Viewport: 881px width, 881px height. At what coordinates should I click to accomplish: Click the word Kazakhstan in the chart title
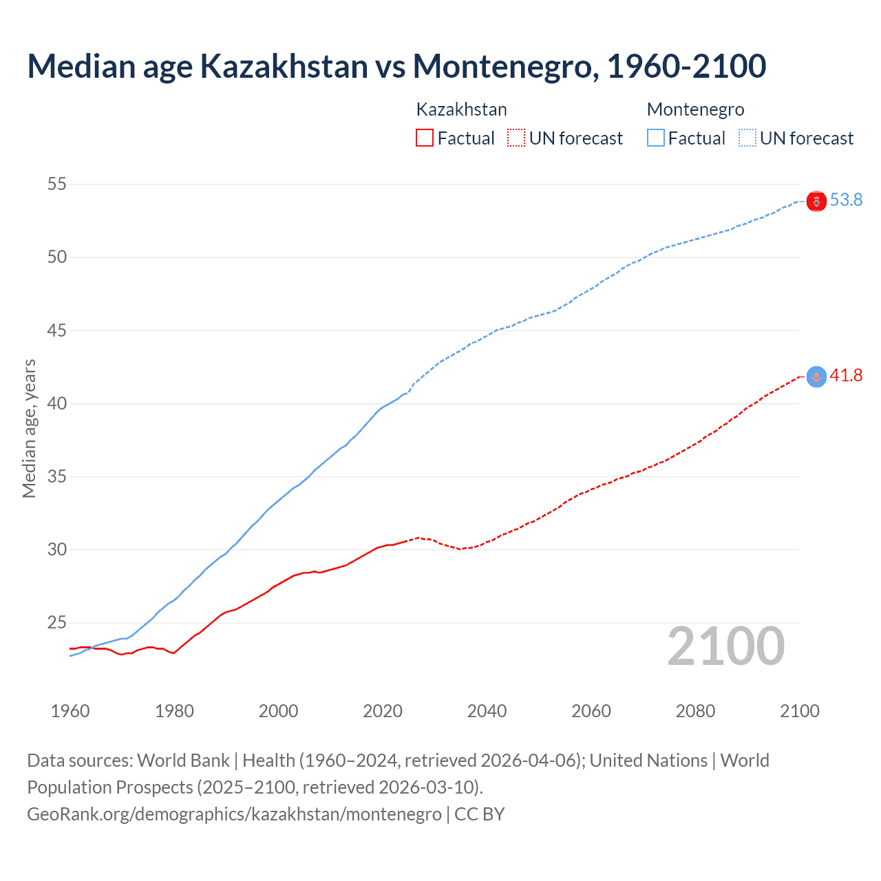pyautogui.click(x=284, y=66)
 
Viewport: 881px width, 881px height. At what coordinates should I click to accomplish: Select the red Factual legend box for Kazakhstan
pyautogui.click(x=425, y=138)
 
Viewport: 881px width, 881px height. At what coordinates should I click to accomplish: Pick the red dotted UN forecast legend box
pyautogui.click(x=516, y=138)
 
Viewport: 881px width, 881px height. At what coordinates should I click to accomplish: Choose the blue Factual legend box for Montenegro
pyautogui.click(x=656, y=138)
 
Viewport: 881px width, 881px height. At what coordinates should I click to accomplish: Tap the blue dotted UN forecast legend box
pyautogui.click(x=747, y=138)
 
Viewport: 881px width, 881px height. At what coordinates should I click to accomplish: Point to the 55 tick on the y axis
pyautogui.click(x=57, y=184)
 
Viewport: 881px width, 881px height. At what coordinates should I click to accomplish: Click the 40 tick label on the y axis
pyautogui.click(x=57, y=403)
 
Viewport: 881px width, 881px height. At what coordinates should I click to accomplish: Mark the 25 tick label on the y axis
pyautogui.click(x=57, y=623)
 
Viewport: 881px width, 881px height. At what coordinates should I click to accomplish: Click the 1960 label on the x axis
pyautogui.click(x=70, y=711)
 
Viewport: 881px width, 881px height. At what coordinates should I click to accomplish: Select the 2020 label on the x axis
pyautogui.click(x=383, y=711)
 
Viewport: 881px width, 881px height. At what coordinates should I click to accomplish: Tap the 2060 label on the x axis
pyautogui.click(x=591, y=711)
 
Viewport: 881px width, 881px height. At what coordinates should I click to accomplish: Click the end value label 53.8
pyautogui.click(x=846, y=200)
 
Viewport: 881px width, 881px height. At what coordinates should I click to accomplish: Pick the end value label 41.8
pyautogui.click(x=846, y=376)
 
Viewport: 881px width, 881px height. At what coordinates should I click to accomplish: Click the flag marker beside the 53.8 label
pyautogui.click(x=816, y=202)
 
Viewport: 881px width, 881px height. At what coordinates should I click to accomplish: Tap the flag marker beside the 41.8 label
pyautogui.click(x=816, y=376)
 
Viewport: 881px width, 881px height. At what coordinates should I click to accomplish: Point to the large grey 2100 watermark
pyautogui.click(x=725, y=646)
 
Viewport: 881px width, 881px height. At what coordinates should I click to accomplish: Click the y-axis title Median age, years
pyautogui.click(x=29, y=428)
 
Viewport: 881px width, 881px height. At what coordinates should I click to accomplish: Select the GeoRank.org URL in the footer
pyautogui.click(x=234, y=814)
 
